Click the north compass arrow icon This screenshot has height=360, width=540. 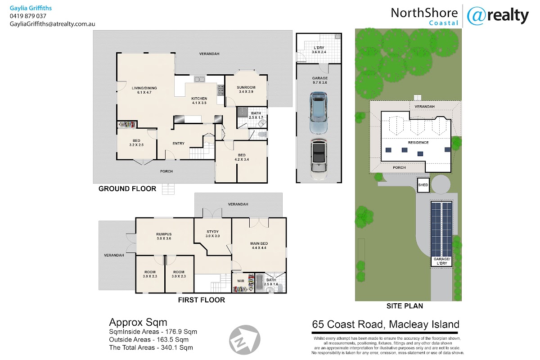coord(244,340)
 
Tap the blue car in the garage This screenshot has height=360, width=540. coord(319,112)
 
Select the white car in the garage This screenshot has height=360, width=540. coord(319,159)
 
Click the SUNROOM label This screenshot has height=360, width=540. coord(246,88)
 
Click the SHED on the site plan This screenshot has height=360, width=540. coord(423,185)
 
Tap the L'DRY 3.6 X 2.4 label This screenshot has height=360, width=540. coord(319,49)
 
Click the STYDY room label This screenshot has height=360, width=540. coord(212,231)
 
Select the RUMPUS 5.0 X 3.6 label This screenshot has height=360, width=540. coord(164,236)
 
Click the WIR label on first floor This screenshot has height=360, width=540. coord(241,281)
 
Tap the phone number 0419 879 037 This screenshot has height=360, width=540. coord(28,16)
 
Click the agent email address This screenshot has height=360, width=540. coord(52,24)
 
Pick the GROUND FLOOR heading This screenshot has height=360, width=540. coord(127,189)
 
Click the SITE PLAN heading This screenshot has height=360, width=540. coord(405,306)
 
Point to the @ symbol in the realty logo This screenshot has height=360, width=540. coord(476,16)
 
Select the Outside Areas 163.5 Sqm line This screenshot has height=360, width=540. coord(149,340)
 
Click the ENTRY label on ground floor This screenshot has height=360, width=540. coord(178,144)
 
